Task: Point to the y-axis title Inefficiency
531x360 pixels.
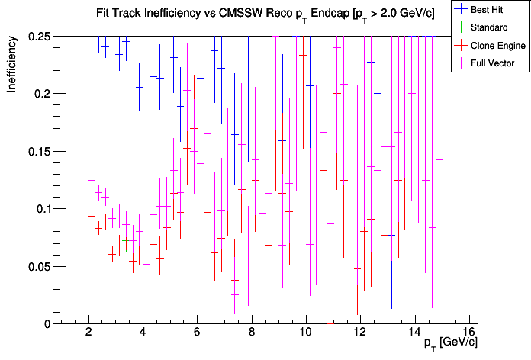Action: (13, 68)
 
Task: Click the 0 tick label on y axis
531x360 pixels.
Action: (47, 323)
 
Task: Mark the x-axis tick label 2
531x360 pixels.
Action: (88, 332)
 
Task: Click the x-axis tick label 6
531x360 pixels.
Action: (197, 332)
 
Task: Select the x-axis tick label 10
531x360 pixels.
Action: (305, 332)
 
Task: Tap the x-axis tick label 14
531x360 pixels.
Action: (414, 332)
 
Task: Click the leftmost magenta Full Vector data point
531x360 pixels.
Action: (92, 180)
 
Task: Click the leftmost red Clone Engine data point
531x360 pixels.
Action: (92, 216)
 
